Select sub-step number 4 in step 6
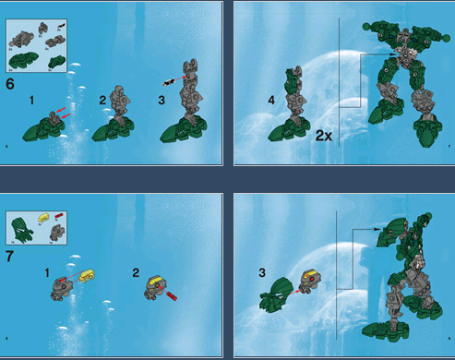[270, 100]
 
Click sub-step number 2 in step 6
[102, 99]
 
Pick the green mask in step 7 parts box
[18, 227]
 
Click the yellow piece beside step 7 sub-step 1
[87, 275]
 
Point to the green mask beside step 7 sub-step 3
[276, 299]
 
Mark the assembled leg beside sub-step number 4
[293, 106]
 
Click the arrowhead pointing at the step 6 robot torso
[379, 55]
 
